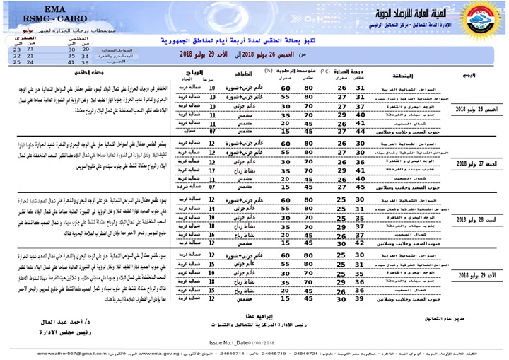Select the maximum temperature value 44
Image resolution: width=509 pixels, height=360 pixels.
361,130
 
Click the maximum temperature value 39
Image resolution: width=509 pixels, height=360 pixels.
361,299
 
